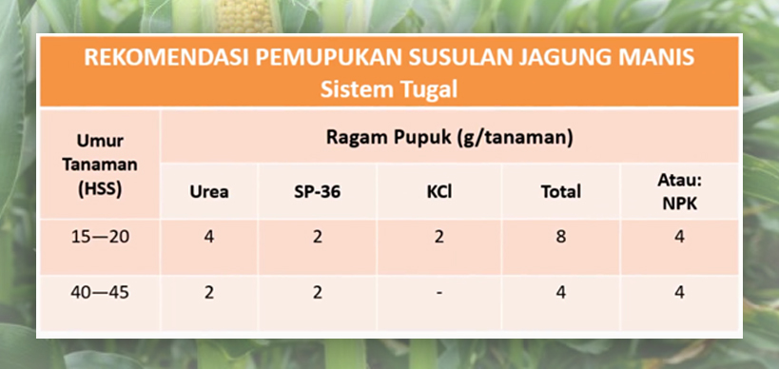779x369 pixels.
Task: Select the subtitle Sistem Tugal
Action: tap(389, 89)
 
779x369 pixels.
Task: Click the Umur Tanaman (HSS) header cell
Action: tap(100, 165)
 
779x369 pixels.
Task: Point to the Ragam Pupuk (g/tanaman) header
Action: tap(450, 138)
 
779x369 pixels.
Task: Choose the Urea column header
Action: tap(209, 192)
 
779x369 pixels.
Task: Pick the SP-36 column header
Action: tap(318, 192)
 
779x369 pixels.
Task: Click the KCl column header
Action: tap(439, 192)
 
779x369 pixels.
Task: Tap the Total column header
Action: tap(561, 192)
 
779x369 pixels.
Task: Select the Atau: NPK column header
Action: tap(680, 192)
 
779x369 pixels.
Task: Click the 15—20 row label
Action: tap(100, 237)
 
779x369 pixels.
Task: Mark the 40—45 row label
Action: tap(100, 292)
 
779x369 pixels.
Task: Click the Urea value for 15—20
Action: tap(209, 237)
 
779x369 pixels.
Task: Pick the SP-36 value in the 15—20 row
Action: tap(318, 237)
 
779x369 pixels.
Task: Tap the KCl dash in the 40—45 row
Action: tap(439, 293)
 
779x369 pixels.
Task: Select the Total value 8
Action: tap(561, 237)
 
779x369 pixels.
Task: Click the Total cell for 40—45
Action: tap(561, 292)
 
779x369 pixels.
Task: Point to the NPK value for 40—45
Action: tap(680, 292)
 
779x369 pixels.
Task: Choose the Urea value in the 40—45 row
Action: tap(209, 292)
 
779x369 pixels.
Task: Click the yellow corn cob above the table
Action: tap(245, 15)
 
